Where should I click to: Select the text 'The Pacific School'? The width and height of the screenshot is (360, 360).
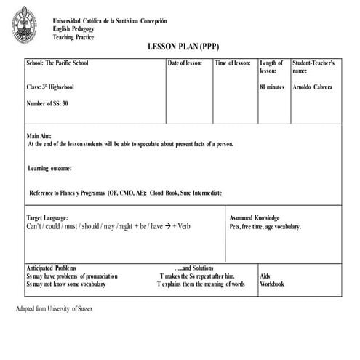67,63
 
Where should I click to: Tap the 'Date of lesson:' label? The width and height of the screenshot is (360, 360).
185,63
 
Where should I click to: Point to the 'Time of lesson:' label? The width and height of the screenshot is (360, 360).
233,63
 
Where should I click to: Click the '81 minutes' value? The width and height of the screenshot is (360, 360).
272,87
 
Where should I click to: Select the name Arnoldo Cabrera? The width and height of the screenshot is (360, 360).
313,87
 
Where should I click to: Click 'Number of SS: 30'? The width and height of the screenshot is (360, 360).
47,103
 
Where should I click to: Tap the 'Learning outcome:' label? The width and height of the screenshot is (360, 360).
50,168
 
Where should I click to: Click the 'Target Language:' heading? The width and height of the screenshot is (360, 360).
47,218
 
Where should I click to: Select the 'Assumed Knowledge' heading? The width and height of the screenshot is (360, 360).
255,218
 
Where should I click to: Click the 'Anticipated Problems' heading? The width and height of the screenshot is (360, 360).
51,268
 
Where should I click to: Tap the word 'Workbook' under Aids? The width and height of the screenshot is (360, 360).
272,284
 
